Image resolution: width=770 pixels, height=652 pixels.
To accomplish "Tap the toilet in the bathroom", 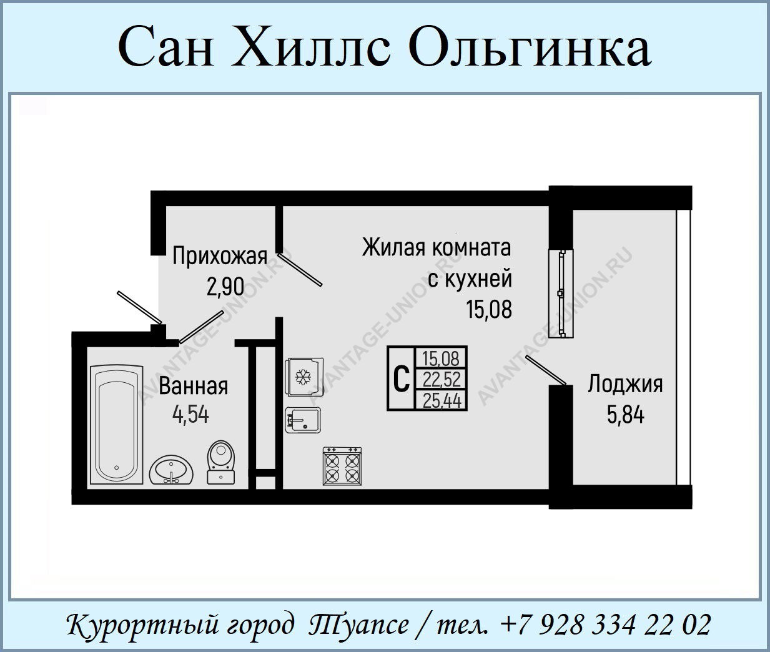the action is (x=221, y=462).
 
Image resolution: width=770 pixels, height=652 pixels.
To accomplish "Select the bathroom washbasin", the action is (x=171, y=470).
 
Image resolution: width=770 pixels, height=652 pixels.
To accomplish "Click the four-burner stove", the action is (x=342, y=466).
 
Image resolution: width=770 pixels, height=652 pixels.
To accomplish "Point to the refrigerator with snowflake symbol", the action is (x=304, y=377).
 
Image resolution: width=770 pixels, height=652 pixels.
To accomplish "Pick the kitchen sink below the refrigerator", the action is (x=302, y=420).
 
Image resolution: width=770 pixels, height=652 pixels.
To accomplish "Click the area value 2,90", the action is (x=225, y=287).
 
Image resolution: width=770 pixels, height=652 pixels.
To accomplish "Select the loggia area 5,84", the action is (x=626, y=415).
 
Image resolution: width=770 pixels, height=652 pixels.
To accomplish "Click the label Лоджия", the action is (x=626, y=385).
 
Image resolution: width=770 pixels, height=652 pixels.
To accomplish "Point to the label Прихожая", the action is (x=220, y=257).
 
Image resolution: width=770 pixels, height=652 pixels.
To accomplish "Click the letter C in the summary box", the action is (x=401, y=379).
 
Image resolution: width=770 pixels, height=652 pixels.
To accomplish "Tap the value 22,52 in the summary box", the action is (x=442, y=380).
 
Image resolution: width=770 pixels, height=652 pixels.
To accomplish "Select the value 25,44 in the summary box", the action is (x=442, y=401).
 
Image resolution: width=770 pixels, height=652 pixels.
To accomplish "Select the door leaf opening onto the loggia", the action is (x=546, y=370).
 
